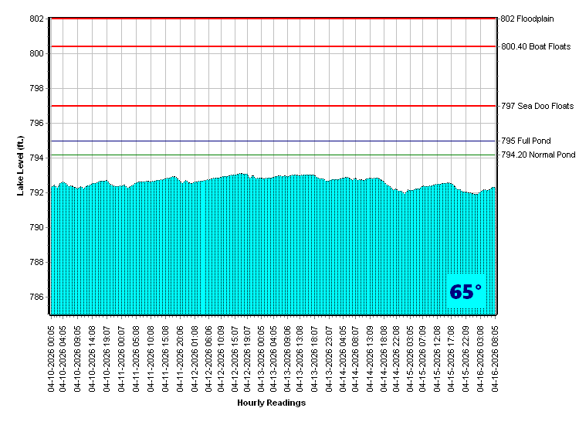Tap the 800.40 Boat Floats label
pos(536,46)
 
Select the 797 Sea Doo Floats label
pos(537,106)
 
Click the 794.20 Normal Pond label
pos(538,155)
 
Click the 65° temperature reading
pos(466,292)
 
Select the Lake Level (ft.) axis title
pos(21,165)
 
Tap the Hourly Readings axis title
pos(271,403)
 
